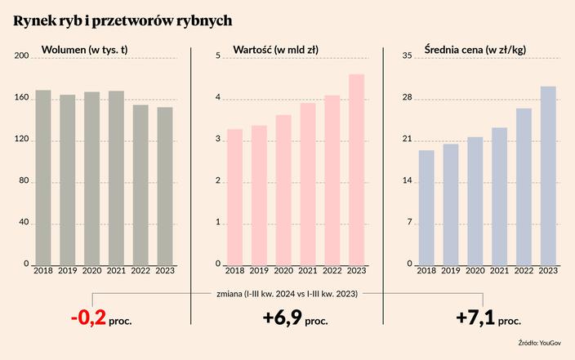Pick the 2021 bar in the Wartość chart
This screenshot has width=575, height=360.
[x=308, y=184]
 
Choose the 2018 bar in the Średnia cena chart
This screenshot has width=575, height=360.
[x=426, y=207]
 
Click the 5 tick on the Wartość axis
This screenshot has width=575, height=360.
[x=218, y=56]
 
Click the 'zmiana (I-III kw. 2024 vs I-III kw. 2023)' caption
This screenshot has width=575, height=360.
[x=287, y=293]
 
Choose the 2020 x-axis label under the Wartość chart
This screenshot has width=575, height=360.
[x=283, y=271]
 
